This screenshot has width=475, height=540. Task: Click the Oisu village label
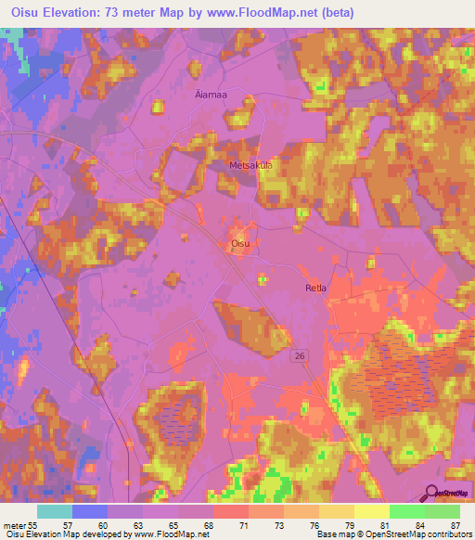(x=239, y=243)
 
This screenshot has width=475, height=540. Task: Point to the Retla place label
(x=315, y=289)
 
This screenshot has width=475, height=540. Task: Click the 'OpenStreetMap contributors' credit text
(x=421, y=534)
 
